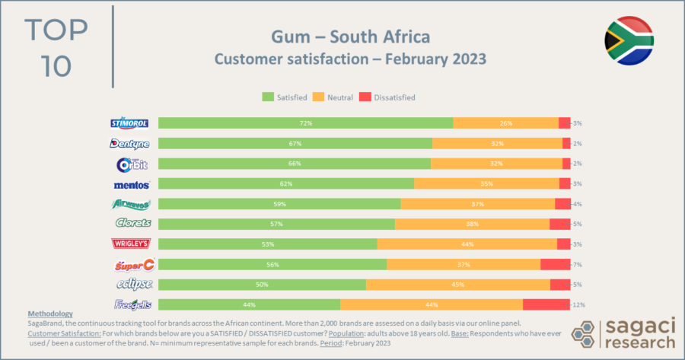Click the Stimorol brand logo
tap(131, 123)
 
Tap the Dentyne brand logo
tap(131, 143)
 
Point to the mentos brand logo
tap(131, 183)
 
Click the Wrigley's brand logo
tap(131, 244)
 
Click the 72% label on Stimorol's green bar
tap(305, 123)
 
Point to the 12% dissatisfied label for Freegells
tap(578, 304)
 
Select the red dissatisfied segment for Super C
tap(556, 264)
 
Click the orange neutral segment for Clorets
tap(472, 224)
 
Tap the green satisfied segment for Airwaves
tap(279, 204)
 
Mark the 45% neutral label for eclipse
tap(458, 284)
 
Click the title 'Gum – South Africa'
tap(350, 37)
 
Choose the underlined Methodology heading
tap(50, 314)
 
